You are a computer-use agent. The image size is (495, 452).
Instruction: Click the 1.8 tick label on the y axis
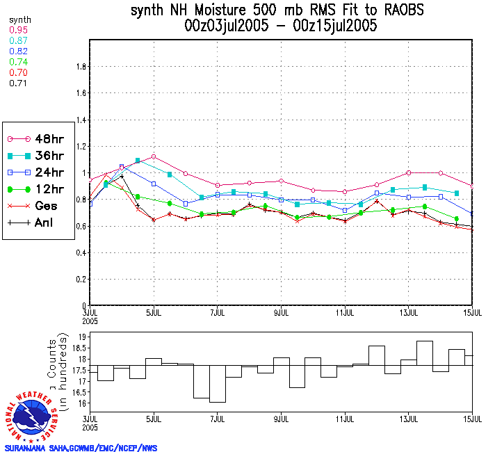coord(80,67)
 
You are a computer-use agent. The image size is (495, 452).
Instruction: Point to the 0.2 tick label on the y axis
coord(80,280)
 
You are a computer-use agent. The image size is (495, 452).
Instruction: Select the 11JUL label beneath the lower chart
coord(345,419)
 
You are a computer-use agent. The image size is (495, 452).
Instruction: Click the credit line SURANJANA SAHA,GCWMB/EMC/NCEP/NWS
coord(81,447)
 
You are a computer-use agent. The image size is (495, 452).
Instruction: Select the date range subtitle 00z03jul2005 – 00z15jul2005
coord(280,26)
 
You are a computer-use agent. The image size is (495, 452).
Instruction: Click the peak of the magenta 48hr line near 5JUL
coord(153,156)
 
